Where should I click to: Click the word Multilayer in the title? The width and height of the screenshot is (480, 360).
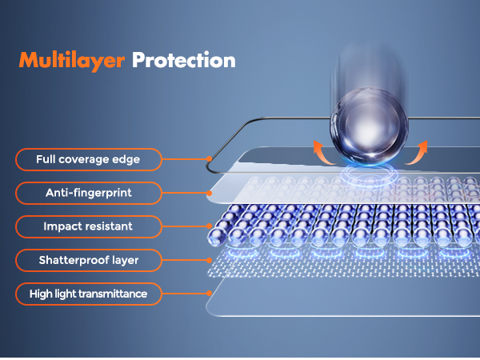[x=72, y=62]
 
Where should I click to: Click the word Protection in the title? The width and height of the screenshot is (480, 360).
[x=184, y=60]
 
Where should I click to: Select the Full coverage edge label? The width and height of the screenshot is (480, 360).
[x=89, y=159]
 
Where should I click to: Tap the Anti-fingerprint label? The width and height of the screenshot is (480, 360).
[x=89, y=193]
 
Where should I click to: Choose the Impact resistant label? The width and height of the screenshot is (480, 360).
[x=89, y=227]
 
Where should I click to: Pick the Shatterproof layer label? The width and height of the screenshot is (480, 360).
[x=89, y=261]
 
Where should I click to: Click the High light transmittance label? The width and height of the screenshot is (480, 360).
[x=89, y=294]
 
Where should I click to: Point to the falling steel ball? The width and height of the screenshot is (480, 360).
[x=369, y=126]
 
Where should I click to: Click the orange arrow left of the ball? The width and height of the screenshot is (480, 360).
[x=322, y=153]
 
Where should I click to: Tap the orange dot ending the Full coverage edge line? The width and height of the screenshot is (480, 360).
[x=209, y=159]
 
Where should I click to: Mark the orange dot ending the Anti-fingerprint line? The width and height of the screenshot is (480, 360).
[x=209, y=193]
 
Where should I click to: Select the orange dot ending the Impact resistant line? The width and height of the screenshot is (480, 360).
[x=209, y=226]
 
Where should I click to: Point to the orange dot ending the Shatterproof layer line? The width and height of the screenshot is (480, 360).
[x=209, y=261]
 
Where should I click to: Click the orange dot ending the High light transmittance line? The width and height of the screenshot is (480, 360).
[x=209, y=294]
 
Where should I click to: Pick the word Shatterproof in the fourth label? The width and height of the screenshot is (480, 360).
[x=74, y=261]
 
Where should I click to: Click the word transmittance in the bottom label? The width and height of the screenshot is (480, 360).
[x=113, y=294]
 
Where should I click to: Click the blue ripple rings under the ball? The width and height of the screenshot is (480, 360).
[x=369, y=174]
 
